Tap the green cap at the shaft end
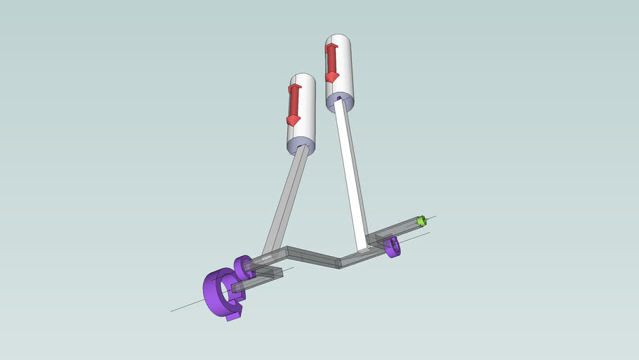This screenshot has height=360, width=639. [421, 221]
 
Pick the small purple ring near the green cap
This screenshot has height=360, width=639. [392, 247]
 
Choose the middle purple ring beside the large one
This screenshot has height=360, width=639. [244, 266]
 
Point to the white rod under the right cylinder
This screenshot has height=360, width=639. [351, 176]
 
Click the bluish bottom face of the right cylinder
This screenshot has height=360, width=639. [341, 104]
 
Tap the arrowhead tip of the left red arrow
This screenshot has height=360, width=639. [293, 123]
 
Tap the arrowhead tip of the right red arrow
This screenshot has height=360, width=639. [331, 79]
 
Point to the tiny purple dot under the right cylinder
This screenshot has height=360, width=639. [339, 99]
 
